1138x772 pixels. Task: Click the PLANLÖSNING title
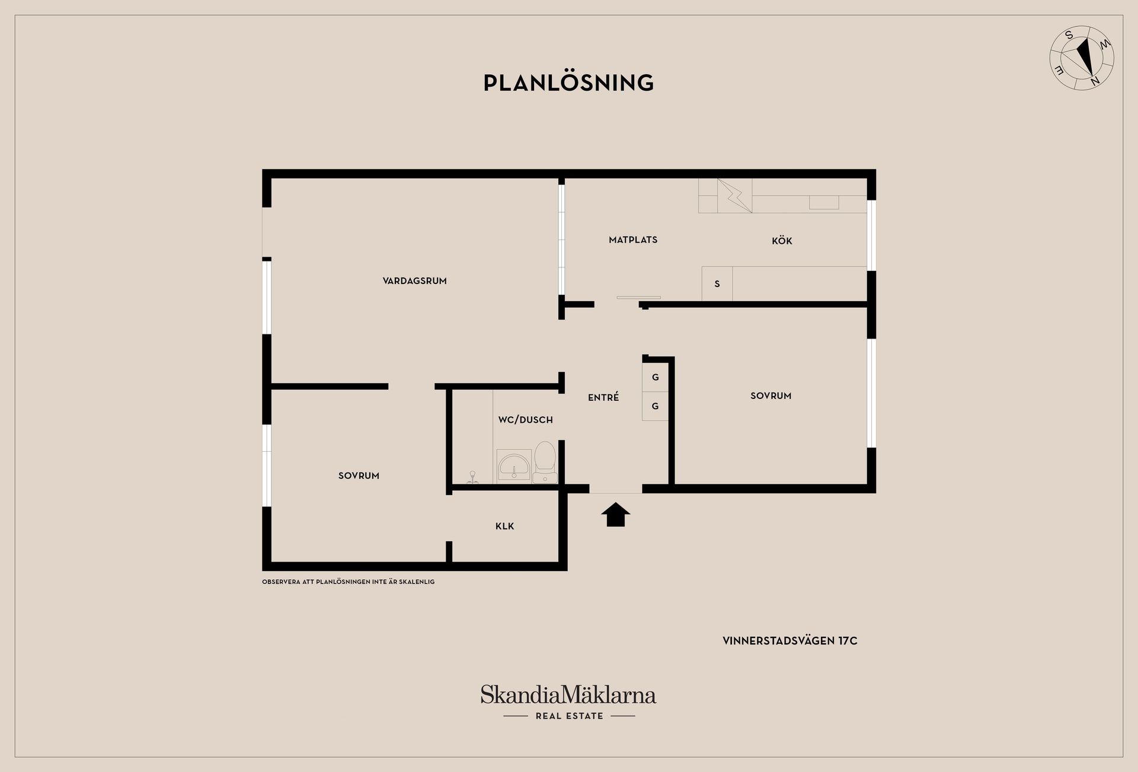[568, 82]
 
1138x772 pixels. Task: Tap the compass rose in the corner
[1082, 58]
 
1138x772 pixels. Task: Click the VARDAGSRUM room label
[414, 281]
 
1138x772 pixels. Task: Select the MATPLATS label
[633, 240]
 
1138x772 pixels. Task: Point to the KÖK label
[782, 241]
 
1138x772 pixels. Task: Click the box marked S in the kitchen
[717, 284]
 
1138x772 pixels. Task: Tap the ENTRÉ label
[603, 397]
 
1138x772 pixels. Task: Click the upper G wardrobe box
[656, 377]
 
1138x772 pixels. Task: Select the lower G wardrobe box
[656, 406]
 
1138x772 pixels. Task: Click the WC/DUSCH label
[525, 420]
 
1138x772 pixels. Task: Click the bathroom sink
[514, 467]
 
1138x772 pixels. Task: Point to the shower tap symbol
[472, 478]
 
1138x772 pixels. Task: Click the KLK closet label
[505, 526]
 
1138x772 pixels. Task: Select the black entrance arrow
[616, 515]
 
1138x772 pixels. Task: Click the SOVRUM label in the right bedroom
[771, 396]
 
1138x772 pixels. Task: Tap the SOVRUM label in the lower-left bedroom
[359, 476]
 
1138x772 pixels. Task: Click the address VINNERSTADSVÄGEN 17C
[790, 641]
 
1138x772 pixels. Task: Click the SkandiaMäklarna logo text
[568, 695]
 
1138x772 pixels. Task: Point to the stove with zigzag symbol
[735, 196]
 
